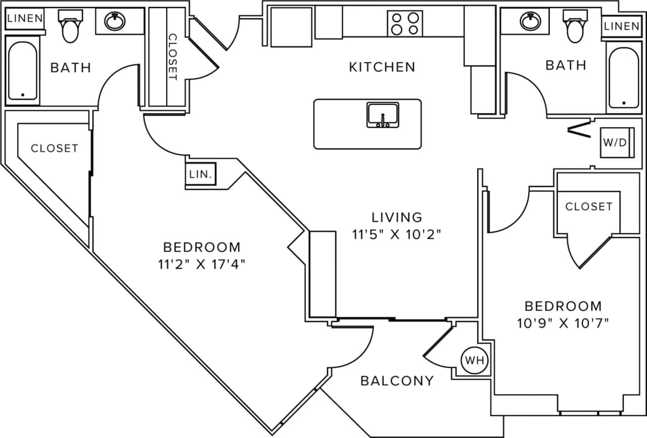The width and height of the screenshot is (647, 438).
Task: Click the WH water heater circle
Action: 474,361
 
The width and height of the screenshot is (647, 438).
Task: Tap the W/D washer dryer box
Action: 615,143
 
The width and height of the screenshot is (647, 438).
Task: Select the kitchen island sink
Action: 383,115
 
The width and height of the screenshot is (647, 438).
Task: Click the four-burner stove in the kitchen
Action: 405,23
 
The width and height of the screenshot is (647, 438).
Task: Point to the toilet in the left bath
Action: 69,27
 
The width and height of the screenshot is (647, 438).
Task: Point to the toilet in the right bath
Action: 575,27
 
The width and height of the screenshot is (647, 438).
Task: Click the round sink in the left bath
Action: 116,22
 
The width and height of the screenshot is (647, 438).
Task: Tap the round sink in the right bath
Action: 530,21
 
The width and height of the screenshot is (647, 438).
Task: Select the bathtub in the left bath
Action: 22,71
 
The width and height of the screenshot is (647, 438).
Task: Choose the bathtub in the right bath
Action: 624,77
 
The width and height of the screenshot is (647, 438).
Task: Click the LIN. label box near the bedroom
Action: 201,175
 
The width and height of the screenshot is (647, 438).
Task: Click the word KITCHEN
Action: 382,67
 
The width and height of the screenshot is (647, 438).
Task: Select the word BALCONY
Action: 397,380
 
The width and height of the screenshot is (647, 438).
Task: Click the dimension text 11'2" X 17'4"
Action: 202,265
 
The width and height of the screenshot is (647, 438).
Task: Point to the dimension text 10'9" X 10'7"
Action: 563,323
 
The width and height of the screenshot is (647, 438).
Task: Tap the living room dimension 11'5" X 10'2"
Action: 397,234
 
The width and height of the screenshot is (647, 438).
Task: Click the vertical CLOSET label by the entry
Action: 172,57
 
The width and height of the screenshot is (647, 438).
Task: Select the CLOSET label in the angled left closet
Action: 55,148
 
